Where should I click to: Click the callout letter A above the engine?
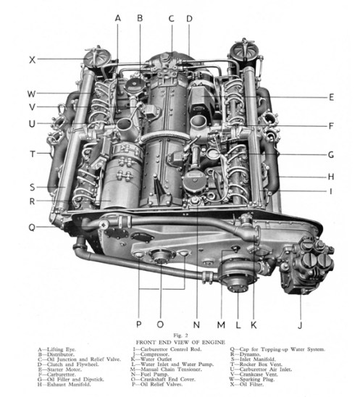[117, 17]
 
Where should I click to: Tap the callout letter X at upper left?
[32, 59]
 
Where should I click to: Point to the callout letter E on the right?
[330, 96]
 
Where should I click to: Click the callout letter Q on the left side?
[32, 226]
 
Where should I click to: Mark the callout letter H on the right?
[330, 176]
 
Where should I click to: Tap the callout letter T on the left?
[32, 154]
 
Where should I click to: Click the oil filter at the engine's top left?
[95, 56]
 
